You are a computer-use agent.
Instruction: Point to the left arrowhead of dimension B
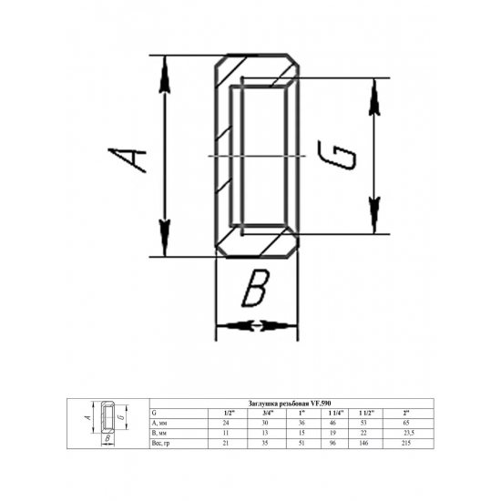[x=227, y=325]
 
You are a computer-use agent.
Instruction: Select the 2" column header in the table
[x=406, y=413]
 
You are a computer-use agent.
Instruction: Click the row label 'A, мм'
[x=158, y=423]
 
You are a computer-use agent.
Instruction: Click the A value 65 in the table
[x=406, y=423]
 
